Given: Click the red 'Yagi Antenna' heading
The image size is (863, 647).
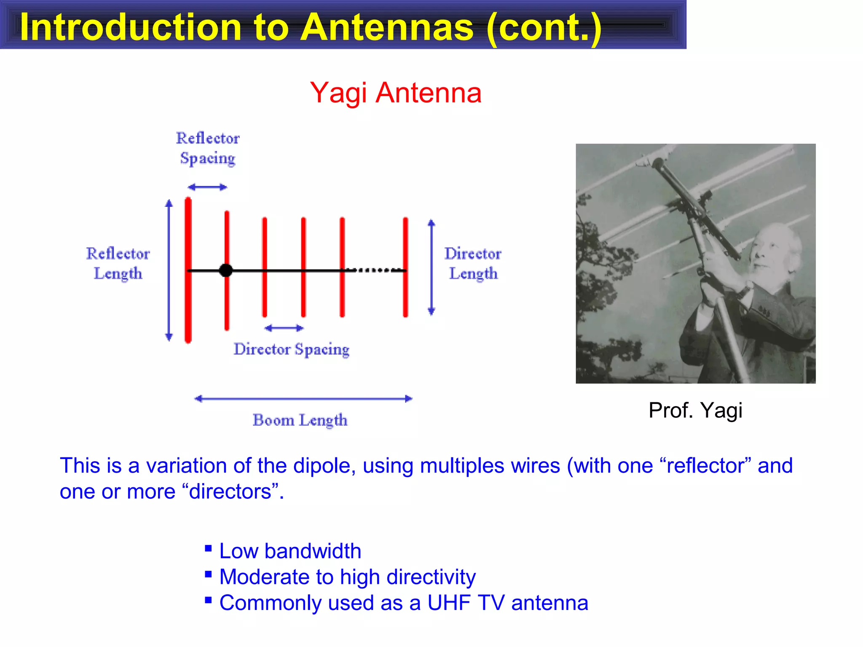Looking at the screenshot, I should point(395,93).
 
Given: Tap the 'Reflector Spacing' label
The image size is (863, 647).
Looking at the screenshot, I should point(207,148).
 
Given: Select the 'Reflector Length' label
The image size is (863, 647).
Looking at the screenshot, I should point(118,263).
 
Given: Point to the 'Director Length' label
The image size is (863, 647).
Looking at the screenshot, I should point(473,263).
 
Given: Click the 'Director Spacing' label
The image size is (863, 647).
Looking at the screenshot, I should point(292,349).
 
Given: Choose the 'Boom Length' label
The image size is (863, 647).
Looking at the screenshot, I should point(300,420).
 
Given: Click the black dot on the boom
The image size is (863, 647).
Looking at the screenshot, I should point(226,270).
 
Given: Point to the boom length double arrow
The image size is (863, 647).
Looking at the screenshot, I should point(303,398).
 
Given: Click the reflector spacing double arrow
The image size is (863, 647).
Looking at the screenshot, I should point(207,187).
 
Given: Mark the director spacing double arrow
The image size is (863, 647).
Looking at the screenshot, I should point(284,328).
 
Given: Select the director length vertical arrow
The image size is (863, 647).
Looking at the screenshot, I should point(431,267).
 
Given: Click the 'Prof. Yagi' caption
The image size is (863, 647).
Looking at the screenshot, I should point(695,410).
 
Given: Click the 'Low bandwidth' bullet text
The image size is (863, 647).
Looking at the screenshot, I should point(290,551).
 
